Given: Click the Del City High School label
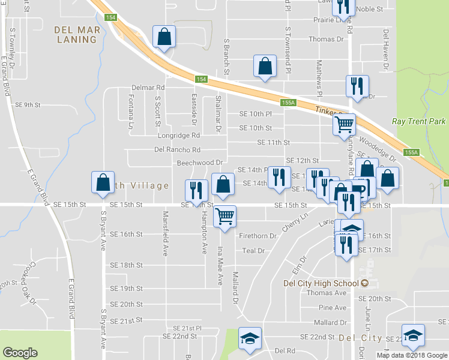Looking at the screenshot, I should (322, 283).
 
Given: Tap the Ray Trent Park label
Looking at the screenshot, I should (419, 121).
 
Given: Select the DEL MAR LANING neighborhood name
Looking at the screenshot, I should (75, 34).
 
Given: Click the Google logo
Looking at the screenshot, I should (20, 352).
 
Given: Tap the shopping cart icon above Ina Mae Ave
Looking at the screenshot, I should (224, 216).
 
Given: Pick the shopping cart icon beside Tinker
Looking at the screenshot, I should (344, 125).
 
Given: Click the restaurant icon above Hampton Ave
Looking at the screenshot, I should (196, 190).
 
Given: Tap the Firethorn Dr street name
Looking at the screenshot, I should (258, 236).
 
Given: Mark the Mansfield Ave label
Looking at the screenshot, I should (164, 233).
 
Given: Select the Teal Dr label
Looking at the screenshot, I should (253, 251).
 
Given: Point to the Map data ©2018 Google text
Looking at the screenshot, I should (412, 355).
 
